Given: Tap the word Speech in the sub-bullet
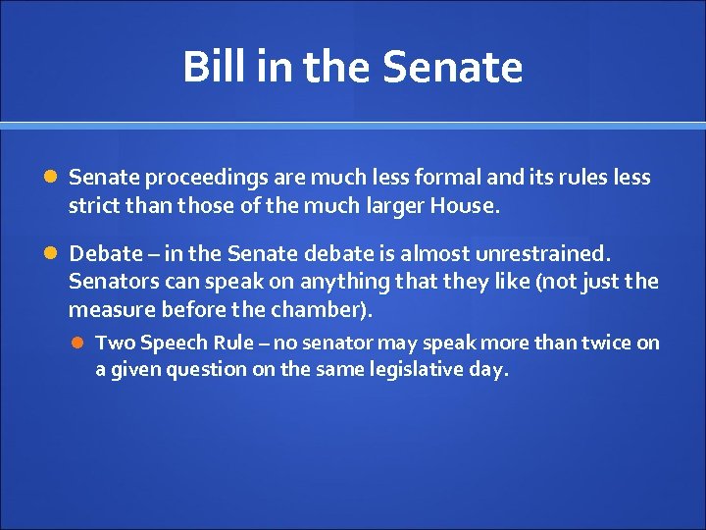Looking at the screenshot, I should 173,344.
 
